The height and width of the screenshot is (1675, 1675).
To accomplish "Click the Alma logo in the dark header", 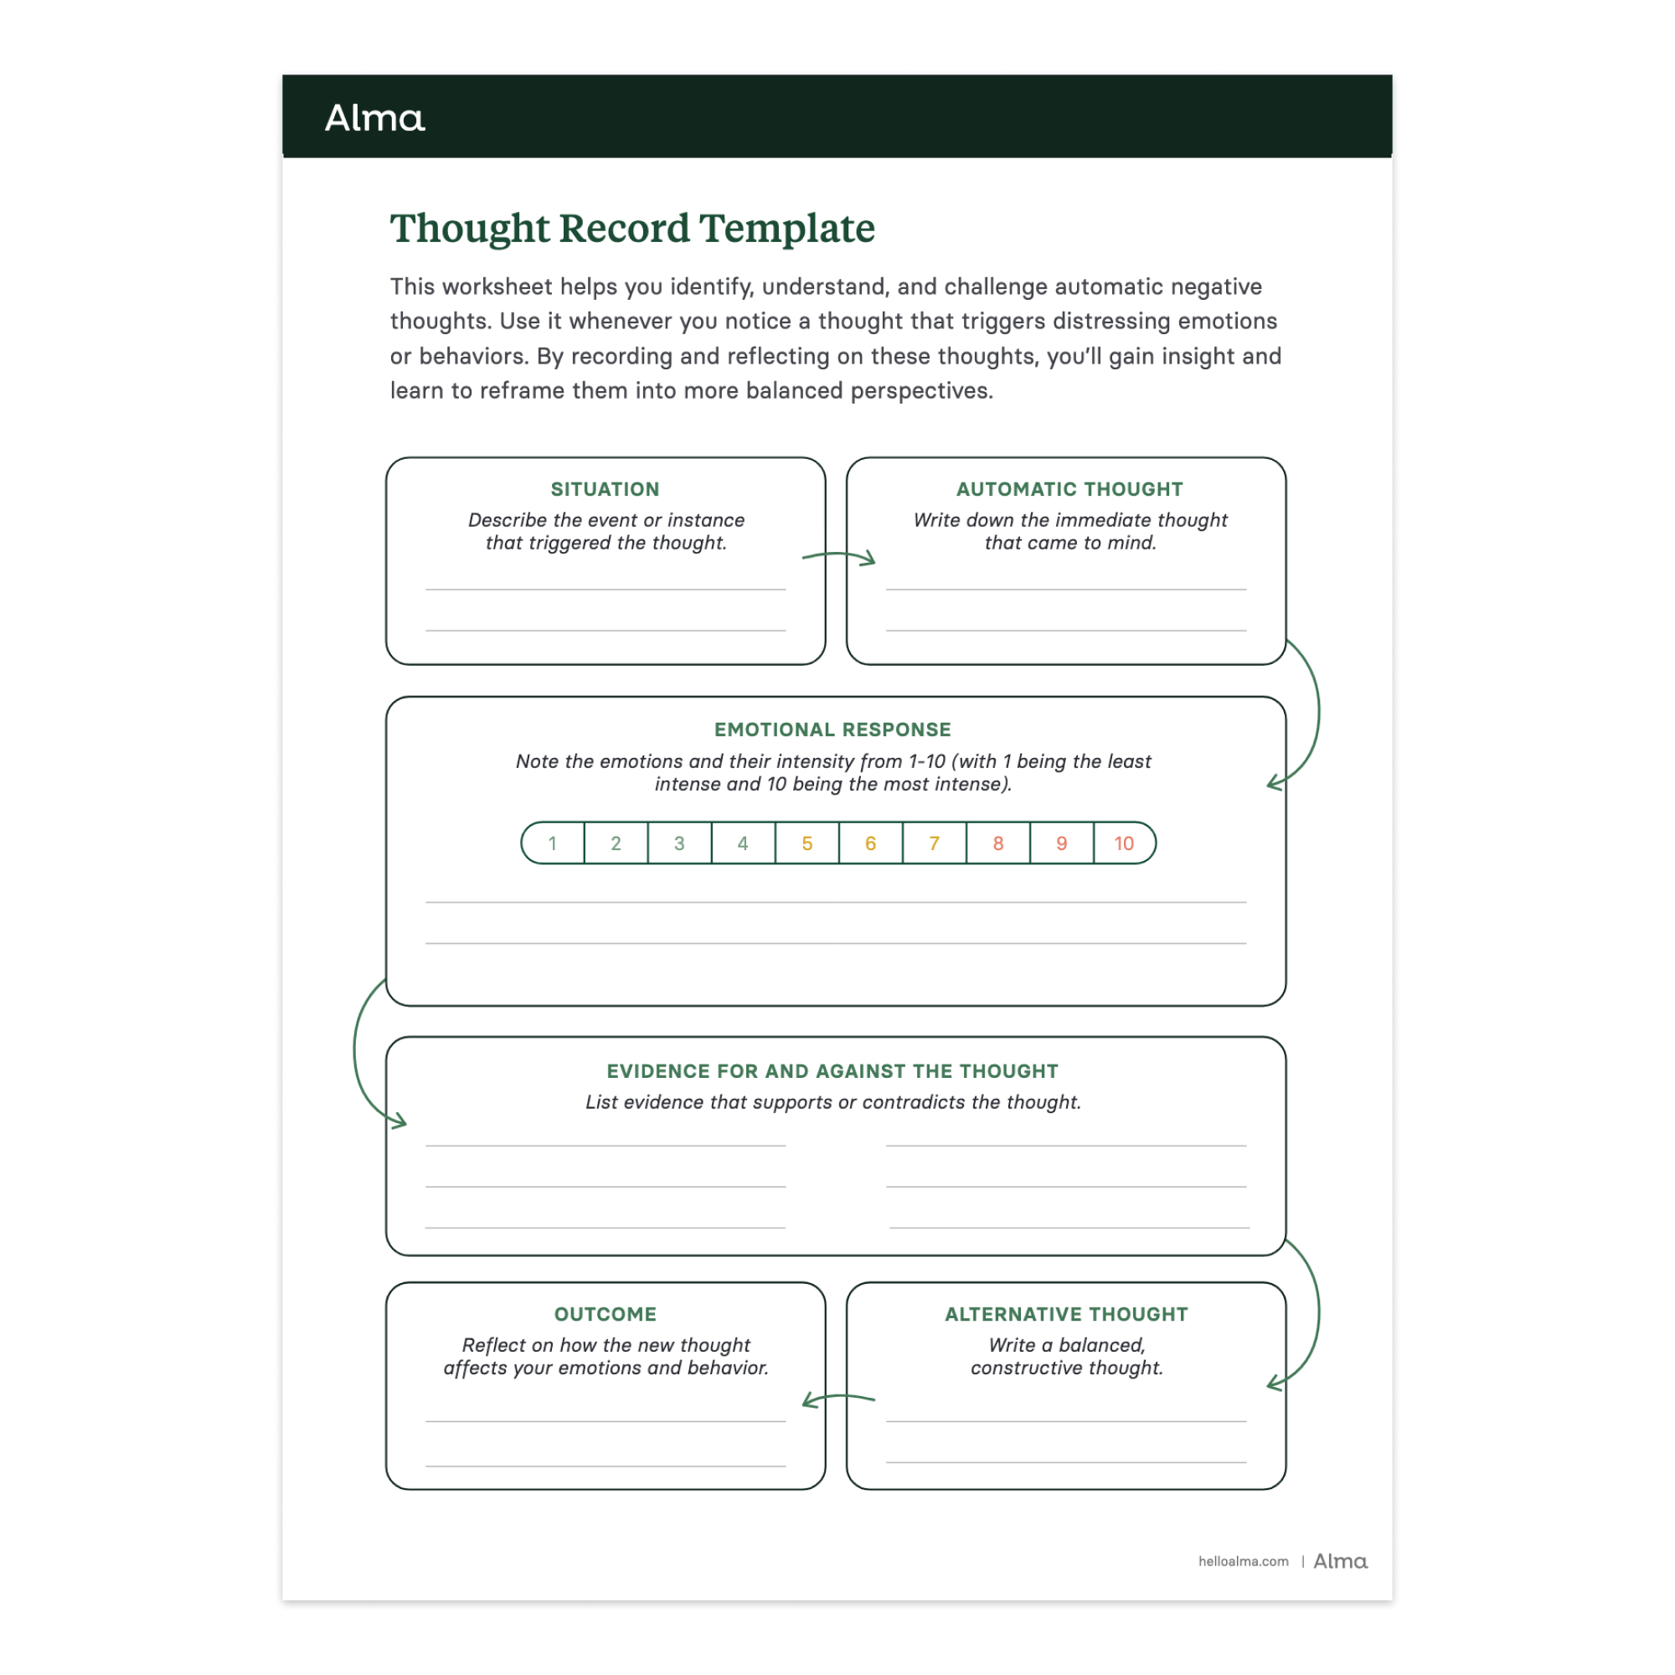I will point(374,118).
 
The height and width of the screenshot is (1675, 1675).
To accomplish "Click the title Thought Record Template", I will point(632,229).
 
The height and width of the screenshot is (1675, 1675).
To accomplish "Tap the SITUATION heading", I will point(606,489).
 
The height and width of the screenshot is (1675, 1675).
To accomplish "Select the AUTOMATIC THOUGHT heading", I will point(1069,489).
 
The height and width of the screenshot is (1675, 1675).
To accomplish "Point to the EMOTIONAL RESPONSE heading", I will point(832,730).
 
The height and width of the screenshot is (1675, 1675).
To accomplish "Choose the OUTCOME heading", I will point(606,1314).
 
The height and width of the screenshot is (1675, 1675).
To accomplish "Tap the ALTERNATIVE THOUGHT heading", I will point(1066,1314).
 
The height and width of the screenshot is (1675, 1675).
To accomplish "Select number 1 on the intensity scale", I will point(552,843).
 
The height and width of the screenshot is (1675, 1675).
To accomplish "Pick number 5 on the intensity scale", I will point(807,843).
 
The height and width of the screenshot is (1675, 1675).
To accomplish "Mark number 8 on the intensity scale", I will point(998,843).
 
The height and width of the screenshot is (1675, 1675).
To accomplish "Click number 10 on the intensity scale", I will point(1124,843).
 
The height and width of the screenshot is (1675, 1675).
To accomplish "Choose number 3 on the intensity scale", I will point(680,843).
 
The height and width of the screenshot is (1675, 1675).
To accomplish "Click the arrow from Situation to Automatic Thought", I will point(838,557).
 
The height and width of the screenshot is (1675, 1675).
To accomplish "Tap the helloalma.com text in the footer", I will point(1243,1561).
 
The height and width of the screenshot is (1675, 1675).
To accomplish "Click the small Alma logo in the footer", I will point(1340,1561).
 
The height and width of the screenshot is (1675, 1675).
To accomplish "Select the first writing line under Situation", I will point(606,589).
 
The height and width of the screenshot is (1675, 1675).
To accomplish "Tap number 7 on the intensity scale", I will point(934,843).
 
